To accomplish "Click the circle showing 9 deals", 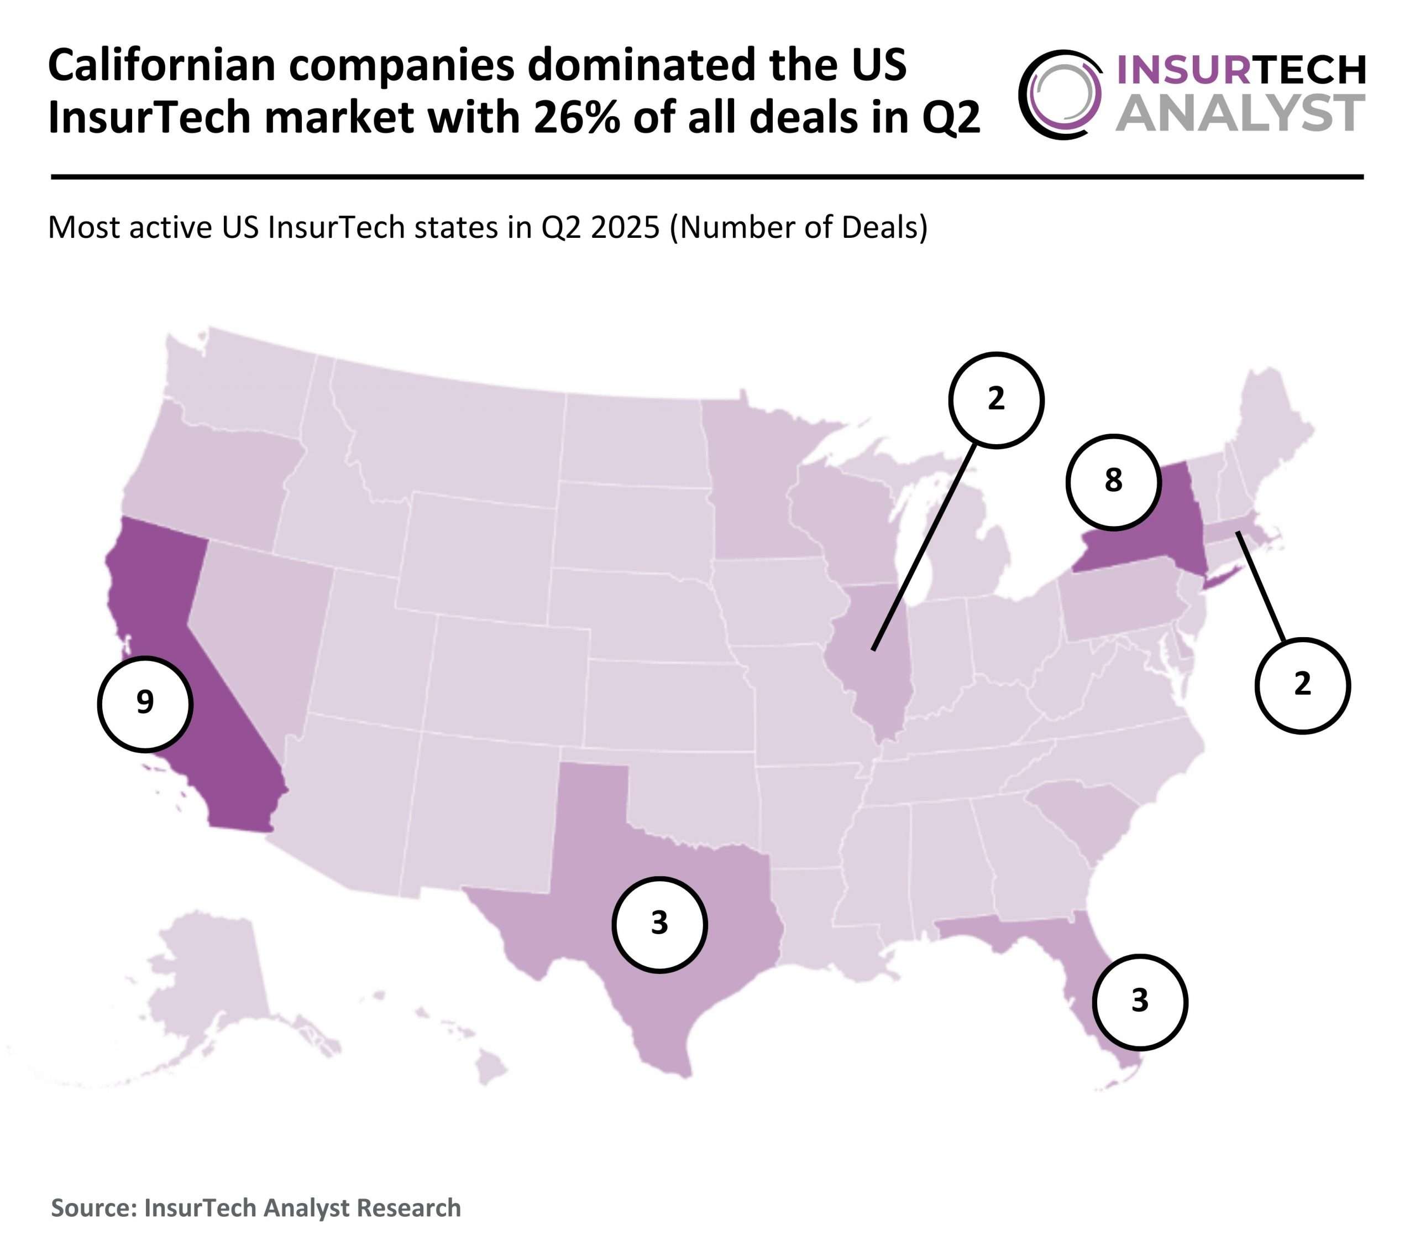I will click(x=145, y=704).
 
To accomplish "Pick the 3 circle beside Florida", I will click(x=1140, y=1002).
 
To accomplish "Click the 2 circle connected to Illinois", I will click(x=995, y=400).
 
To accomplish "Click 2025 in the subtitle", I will click(x=625, y=228).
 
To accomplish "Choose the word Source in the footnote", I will click(x=92, y=1207).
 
